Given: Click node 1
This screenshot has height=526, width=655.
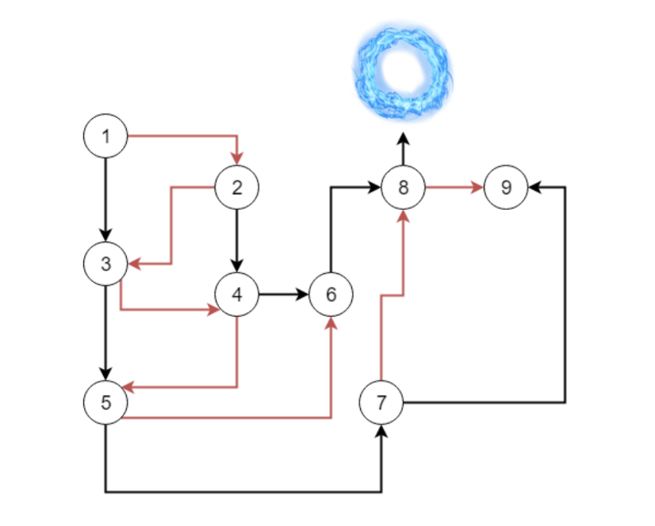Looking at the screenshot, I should click(105, 136).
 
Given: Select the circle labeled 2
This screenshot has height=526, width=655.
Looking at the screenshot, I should click(236, 188).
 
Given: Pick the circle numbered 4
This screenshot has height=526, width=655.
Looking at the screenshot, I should click(236, 295).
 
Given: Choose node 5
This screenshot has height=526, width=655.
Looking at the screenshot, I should click(105, 402).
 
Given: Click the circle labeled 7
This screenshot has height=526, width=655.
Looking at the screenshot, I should click(381, 402).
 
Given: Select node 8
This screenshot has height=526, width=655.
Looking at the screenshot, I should click(403, 188).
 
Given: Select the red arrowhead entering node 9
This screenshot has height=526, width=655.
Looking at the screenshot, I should click(478, 188).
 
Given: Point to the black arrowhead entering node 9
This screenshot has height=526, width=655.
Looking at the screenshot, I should click(534, 188).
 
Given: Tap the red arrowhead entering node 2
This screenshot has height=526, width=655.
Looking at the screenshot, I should click(236, 160).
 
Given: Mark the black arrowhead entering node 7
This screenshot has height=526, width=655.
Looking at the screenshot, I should click(381, 430).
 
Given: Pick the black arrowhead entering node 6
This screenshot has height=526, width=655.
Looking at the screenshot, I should click(303, 295).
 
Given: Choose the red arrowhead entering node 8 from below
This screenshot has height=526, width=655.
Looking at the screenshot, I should click(403, 215).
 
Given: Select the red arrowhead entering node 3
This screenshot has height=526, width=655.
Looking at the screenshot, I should click(133, 262).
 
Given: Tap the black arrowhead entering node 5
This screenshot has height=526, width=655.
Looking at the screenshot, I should click(105, 375).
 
